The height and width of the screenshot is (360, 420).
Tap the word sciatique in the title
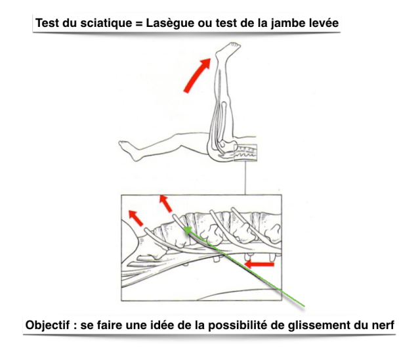(x=106, y=23)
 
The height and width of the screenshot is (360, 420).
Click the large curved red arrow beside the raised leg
(x=197, y=76)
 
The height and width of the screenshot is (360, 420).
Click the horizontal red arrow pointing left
(x=259, y=264)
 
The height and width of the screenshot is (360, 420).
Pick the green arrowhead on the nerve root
(x=188, y=230)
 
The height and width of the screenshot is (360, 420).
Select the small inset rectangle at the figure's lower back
(x=245, y=152)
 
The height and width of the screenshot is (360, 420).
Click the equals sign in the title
(x=139, y=24)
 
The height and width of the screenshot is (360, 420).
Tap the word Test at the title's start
(x=47, y=23)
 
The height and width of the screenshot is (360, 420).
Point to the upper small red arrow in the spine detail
(x=165, y=204)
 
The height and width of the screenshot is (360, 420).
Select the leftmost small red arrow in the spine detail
(x=136, y=218)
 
